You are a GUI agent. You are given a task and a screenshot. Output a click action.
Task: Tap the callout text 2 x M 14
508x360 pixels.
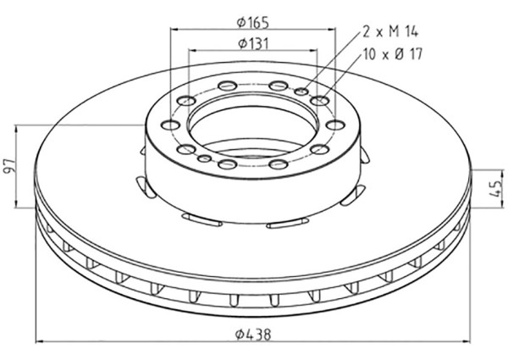390,32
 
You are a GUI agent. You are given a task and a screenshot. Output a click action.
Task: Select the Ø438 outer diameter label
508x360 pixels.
254,334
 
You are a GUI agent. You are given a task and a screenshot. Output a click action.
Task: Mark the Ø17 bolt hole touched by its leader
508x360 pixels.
318,102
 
